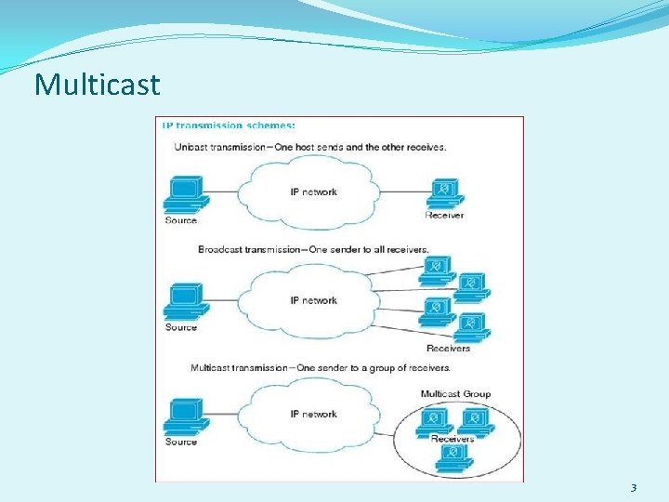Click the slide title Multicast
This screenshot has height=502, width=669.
click(98, 85)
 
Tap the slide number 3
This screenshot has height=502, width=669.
click(634, 487)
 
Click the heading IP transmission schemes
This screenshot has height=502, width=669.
click(229, 124)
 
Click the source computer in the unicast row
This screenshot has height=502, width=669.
click(184, 196)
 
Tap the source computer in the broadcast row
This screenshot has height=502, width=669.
click(184, 302)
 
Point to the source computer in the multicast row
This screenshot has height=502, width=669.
click(184, 417)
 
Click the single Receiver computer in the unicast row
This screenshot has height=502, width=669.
click(445, 193)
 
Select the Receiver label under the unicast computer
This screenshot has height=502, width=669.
click(444, 216)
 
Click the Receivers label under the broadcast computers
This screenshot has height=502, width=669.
click(448, 349)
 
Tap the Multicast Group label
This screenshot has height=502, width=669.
click(455, 394)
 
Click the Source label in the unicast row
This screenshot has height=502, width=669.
click(181, 220)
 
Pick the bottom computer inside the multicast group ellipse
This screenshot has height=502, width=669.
click(453, 455)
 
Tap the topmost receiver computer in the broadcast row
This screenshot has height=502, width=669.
click(434, 269)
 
